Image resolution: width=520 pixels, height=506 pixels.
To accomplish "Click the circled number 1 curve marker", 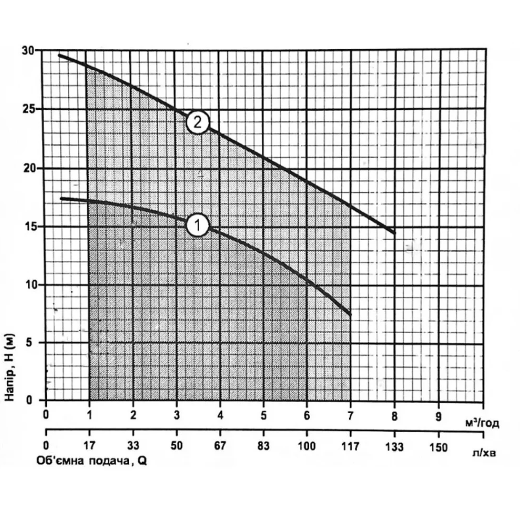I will (x=198, y=226).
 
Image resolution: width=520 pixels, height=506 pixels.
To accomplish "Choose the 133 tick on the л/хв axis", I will (x=395, y=447).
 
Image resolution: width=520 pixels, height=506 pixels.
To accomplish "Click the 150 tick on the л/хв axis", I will (x=439, y=447).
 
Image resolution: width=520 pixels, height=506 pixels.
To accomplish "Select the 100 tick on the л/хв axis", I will (x=306, y=447).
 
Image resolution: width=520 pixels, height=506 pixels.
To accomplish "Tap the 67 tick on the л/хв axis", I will (x=220, y=447).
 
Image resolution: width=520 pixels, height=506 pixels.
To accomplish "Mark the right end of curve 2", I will (x=395, y=233).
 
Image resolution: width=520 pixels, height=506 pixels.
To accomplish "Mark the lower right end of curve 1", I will (x=351, y=314).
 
